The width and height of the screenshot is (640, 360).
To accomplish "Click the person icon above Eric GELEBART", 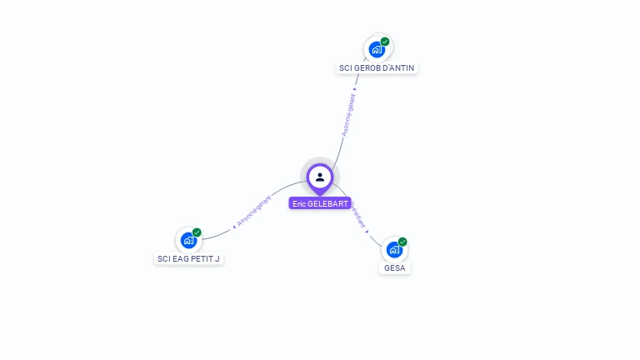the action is [x=320, y=177].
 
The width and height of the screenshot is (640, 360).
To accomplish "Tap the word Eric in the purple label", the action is [x=299, y=203].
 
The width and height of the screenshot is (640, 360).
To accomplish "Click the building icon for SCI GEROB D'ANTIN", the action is [x=377, y=50].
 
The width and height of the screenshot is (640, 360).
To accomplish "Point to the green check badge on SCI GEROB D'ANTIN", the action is [x=385, y=42].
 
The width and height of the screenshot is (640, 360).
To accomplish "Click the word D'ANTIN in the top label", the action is [x=397, y=67].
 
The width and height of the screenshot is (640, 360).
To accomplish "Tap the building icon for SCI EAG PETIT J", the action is [x=188, y=241].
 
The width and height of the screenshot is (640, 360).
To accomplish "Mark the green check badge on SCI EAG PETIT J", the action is [x=197, y=232].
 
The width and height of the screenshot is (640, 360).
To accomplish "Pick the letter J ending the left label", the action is [x=217, y=258].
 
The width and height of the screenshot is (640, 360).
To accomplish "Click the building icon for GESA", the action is [x=394, y=250].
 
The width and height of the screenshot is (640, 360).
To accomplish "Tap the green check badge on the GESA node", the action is [x=402, y=242].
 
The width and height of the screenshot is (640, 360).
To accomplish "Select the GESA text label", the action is [x=394, y=267].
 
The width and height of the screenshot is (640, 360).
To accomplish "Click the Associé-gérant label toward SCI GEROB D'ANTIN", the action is [x=348, y=118].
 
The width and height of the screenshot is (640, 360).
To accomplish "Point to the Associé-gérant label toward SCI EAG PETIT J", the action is [x=254, y=212].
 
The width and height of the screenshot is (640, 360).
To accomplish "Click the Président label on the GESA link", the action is [x=358, y=214].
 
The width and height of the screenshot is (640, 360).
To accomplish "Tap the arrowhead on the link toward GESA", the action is [x=367, y=231].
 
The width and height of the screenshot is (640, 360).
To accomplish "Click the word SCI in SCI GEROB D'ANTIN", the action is [x=346, y=67].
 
